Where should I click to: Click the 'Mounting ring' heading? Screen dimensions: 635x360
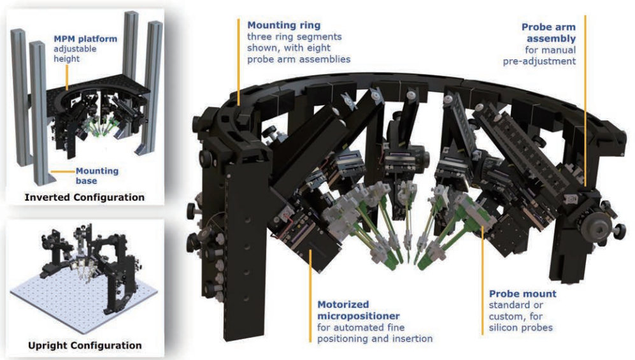click(284, 25)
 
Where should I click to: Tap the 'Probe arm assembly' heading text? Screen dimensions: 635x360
click(549, 32)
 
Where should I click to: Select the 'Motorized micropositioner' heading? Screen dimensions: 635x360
click(359, 310)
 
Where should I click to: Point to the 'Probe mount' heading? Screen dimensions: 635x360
click(522, 294)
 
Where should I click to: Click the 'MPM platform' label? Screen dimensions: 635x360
click(85, 39)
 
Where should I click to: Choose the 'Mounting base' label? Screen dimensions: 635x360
click(97, 176)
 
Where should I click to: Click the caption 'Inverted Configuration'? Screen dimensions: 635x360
click(84, 198)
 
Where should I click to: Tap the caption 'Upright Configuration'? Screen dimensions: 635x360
click(85, 345)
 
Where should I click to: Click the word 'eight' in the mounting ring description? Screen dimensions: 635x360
click(319, 48)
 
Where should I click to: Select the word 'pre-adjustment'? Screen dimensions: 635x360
click(539, 61)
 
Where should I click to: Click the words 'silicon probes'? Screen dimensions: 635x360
click(521, 328)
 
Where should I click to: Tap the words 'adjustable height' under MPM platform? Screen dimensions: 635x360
click(75, 54)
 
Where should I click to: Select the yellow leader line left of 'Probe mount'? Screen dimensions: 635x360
click(482, 280)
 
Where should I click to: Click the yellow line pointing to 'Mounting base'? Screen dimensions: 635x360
click(62, 171)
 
